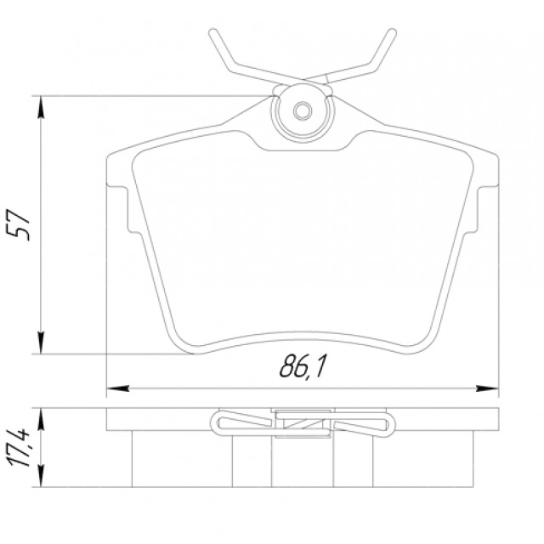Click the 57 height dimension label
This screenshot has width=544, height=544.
click(x=18, y=224)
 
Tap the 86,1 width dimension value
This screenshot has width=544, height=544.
click(x=303, y=367)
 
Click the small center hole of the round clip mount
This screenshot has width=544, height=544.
click(x=303, y=111)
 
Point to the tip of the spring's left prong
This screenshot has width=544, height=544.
click(x=213, y=32)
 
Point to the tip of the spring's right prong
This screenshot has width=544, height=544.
click(x=392, y=32)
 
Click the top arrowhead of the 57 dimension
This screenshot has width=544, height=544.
click(x=41, y=107)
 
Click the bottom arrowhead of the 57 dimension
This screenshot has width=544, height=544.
click(x=41, y=343)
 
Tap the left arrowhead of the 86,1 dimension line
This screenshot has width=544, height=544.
click(x=118, y=388)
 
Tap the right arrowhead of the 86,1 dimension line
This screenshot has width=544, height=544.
click(x=487, y=388)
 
